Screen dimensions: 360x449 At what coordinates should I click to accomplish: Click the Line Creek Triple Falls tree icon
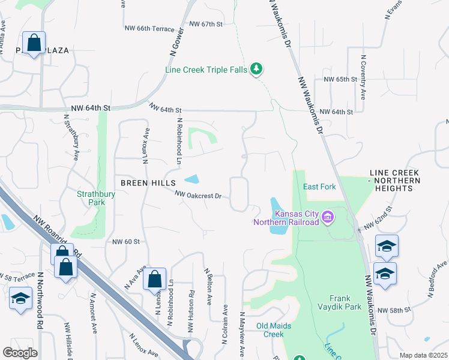tap(257, 70)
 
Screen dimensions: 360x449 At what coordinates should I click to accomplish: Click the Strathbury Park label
tap(91, 198)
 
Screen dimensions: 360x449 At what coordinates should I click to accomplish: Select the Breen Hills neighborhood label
tap(148, 182)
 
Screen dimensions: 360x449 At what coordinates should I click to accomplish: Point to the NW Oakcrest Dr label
tap(199, 195)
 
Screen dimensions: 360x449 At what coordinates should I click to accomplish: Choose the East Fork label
tap(319, 187)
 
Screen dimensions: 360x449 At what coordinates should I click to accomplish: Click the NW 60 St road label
tap(125, 242)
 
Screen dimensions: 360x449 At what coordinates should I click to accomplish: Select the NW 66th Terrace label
tap(149, 28)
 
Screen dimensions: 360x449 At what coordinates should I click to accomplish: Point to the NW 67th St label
tap(206, 24)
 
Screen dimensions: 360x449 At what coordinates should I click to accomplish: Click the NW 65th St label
tap(340, 79)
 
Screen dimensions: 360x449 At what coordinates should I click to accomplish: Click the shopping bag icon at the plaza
tap(34, 43)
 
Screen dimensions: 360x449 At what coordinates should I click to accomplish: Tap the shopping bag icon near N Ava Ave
tap(154, 279)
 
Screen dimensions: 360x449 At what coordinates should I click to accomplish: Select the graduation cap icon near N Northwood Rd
tap(21, 298)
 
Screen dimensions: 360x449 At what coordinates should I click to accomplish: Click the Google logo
tap(20, 353)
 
